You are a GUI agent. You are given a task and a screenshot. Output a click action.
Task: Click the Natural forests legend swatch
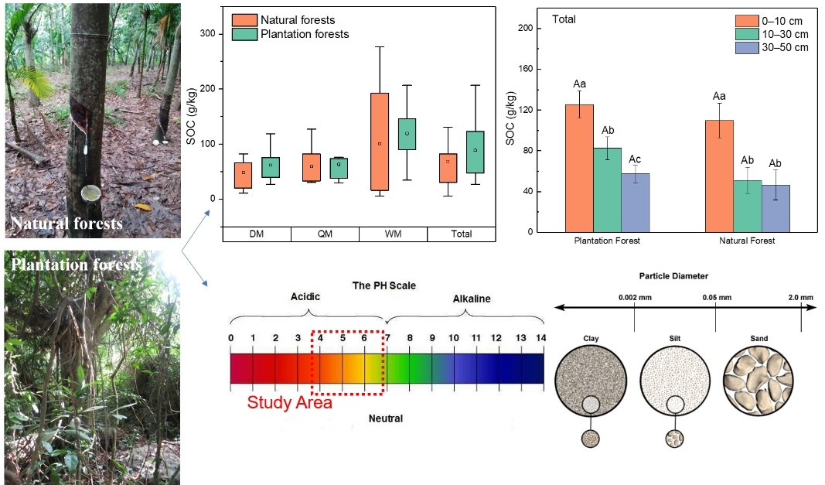tap(245, 19)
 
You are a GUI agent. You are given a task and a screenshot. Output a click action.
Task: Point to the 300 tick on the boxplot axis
tap(206, 33)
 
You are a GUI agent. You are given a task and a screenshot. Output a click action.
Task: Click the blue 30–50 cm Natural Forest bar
tap(776, 208)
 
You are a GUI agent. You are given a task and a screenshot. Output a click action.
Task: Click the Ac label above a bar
tap(636, 159)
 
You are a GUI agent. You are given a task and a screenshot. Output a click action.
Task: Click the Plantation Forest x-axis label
tap(608, 241)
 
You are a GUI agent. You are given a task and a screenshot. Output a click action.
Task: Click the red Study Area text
tap(289, 403)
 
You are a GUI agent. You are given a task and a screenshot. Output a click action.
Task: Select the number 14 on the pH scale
tap(540, 338)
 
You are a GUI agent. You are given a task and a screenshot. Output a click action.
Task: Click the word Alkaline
tap(471, 299)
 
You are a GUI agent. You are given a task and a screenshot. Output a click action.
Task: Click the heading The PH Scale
tap(384, 285)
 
